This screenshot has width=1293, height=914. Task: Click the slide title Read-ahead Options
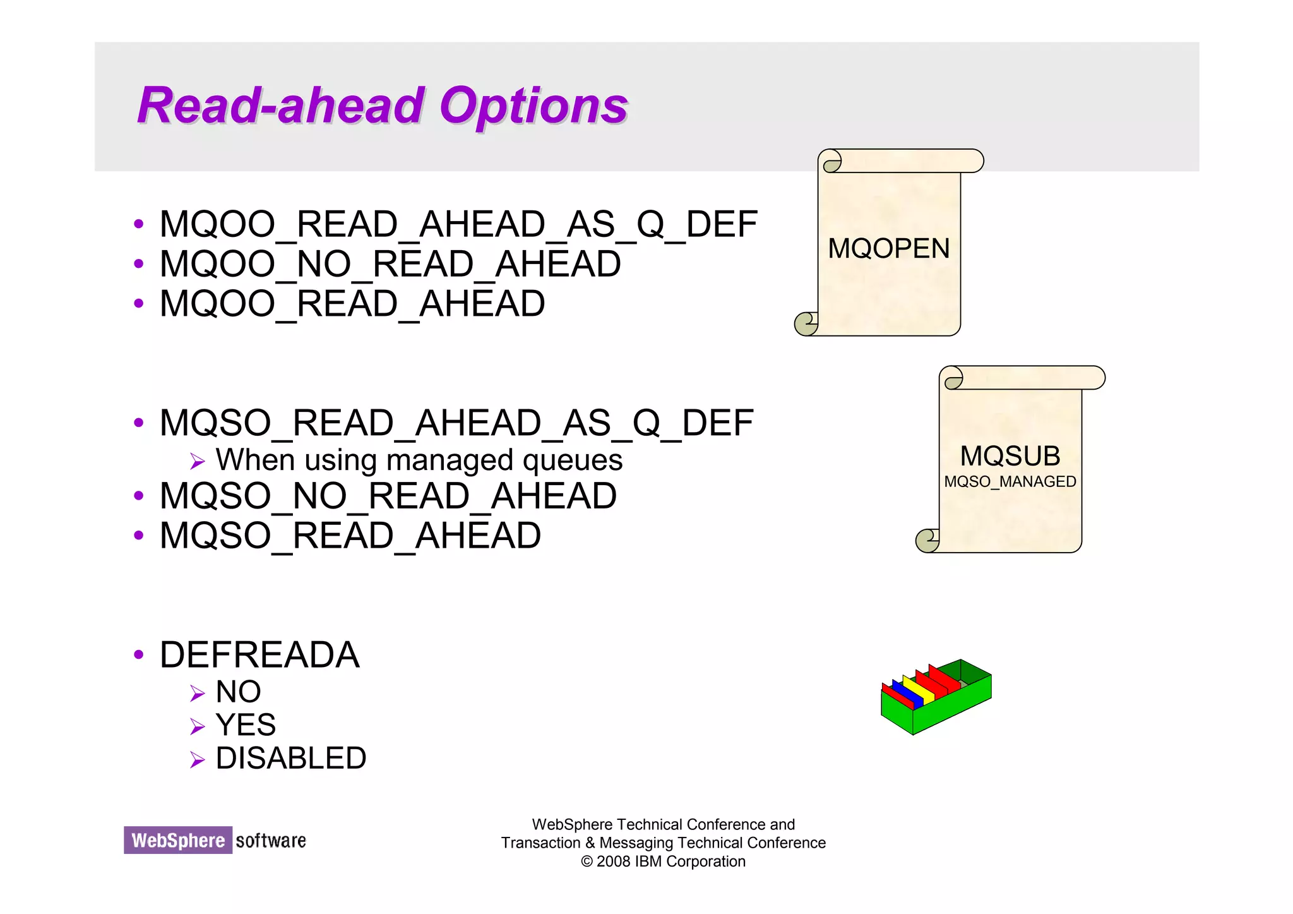[382, 106]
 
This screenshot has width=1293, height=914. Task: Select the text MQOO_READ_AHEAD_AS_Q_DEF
[458, 224]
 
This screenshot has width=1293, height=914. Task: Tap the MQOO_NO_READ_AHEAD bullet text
[390, 264]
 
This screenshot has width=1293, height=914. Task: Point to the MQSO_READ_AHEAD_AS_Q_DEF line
[456, 423]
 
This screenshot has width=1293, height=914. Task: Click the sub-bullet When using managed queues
[419, 460]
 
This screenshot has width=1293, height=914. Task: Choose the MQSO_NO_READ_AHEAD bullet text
[388, 496]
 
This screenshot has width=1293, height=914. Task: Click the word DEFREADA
[259, 655]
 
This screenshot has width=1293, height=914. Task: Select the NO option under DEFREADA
[238, 692]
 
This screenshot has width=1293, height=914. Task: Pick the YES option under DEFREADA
[246, 725]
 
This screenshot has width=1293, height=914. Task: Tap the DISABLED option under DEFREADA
[290, 759]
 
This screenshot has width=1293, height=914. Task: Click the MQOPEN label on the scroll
[888, 249]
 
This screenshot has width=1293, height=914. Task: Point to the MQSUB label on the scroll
[1010, 456]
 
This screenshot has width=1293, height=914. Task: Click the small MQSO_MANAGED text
[1010, 482]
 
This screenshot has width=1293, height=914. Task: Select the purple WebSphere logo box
[178, 841]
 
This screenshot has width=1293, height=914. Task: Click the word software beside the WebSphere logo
[271, 841]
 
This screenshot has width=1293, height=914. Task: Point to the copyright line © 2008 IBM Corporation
[663, 862]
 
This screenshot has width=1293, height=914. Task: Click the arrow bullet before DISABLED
[197, 760]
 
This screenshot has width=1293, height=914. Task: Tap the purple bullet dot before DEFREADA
[139, 655]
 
